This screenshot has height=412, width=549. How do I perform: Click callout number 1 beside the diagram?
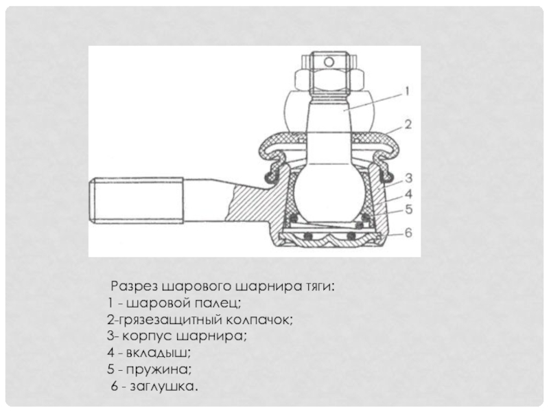(x=407, y=91)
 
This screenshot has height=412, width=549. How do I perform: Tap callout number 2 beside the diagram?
(x=408, y=125)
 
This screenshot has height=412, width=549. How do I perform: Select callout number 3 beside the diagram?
(x=408, y=179)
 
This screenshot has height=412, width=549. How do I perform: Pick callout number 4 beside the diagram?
(x=408, y=194)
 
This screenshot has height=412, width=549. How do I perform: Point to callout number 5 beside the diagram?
(x=408, y=209)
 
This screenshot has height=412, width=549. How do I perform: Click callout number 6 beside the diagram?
(x=408, y=233)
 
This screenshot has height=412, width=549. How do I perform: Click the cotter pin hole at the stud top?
(x=329, y=62)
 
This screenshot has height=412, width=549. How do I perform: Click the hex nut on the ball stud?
(x=330, y=78)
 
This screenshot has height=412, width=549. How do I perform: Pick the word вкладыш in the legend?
(x=159, y=353)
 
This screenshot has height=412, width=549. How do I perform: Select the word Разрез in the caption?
(x=135, y=287)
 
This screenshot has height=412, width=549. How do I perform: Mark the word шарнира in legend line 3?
(x=211, y=336)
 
